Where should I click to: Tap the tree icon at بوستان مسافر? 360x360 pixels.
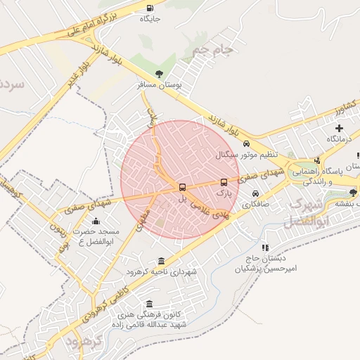160,73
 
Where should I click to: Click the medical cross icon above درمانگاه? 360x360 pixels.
340,128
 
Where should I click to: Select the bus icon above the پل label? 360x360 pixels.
182,188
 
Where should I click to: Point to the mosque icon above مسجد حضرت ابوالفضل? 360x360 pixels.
96,222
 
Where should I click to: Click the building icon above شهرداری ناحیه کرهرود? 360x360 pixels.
162,261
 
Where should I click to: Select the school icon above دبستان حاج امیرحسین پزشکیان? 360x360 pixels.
265,247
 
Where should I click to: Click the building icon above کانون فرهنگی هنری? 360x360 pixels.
148,304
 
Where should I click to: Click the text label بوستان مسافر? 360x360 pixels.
160,84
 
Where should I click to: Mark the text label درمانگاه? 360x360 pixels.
339,139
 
